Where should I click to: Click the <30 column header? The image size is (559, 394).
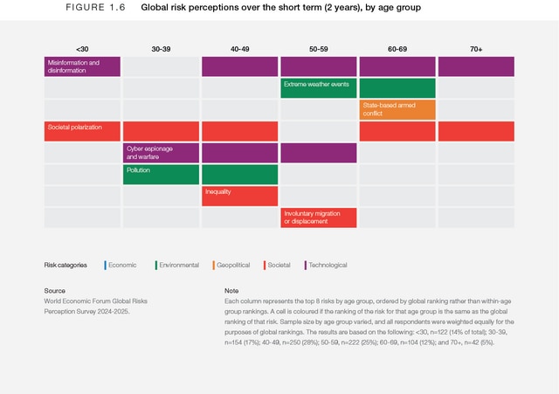pyautogui.click(x=82, y=49)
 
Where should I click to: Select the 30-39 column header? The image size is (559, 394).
pyautogui.click(x=161, y=49)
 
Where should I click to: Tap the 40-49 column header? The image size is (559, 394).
pyautogui.click(x=239, y=49)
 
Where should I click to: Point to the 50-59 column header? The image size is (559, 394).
pyautogui.click(x=318, y=49)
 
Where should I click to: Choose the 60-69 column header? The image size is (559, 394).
pyautogui.click(x=397, y=49)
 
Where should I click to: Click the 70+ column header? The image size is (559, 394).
pyautogui.click(x=475, y=49)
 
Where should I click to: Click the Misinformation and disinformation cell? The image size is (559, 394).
pyautogui.click(x=82, y=66)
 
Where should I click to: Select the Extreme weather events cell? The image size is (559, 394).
pyautogui.click(x=318, y=87)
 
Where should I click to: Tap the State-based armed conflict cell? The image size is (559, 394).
pyautogui.click(x=397, y=109)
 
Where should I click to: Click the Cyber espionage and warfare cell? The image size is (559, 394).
pyautogui.click(x=161, y=153)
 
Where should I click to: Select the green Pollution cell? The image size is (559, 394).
pyautogui.click(x=161, y=174)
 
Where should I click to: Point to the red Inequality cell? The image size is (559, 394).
pyautogui.click(x=239, y=196)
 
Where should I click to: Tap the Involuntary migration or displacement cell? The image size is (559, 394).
pyautogui.click(x=318, y=218)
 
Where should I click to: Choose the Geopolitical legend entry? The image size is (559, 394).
pyautogui.click(x=231, y=265)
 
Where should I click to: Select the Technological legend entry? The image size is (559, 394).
pyautogui.click(x=325, y=265)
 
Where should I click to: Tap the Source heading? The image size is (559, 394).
pyautogui.click(x=54, y=290)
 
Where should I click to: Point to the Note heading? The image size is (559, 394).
pyautogui.click(x=231, y=290)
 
